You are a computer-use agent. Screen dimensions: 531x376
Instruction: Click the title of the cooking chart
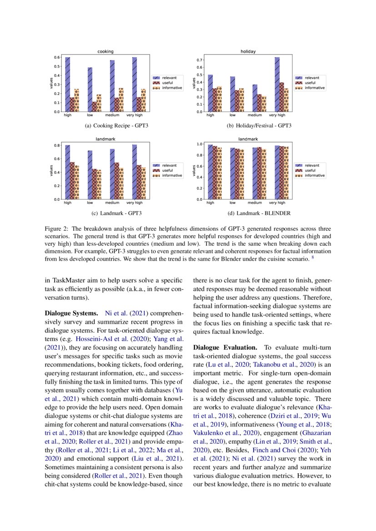[105, 52]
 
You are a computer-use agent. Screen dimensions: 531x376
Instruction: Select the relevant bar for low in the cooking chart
[90, 89]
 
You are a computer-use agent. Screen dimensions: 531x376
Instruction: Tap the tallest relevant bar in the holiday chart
[277, 84]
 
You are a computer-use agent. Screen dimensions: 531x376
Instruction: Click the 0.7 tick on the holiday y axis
[198, 60]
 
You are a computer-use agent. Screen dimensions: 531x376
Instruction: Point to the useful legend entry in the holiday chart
[311, 83]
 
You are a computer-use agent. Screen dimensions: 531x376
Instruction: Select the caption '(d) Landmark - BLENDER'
[248, 213]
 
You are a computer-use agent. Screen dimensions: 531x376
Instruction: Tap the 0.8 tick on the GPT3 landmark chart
[57, 145]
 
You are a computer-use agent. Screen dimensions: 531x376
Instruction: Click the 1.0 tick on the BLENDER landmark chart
[198, 144]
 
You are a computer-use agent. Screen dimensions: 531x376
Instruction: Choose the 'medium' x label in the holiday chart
[255, 115]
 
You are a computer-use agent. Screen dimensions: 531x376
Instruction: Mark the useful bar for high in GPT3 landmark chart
[72, 180]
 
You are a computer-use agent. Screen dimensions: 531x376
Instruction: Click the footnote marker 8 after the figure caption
[313, 258]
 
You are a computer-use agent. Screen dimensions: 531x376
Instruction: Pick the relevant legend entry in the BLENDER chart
[311, 166]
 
